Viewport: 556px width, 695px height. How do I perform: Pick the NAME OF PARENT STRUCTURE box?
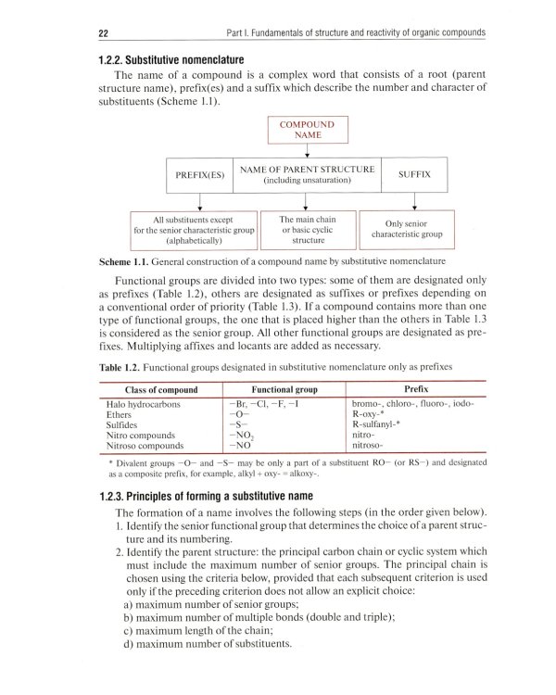tap(307, 174)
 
